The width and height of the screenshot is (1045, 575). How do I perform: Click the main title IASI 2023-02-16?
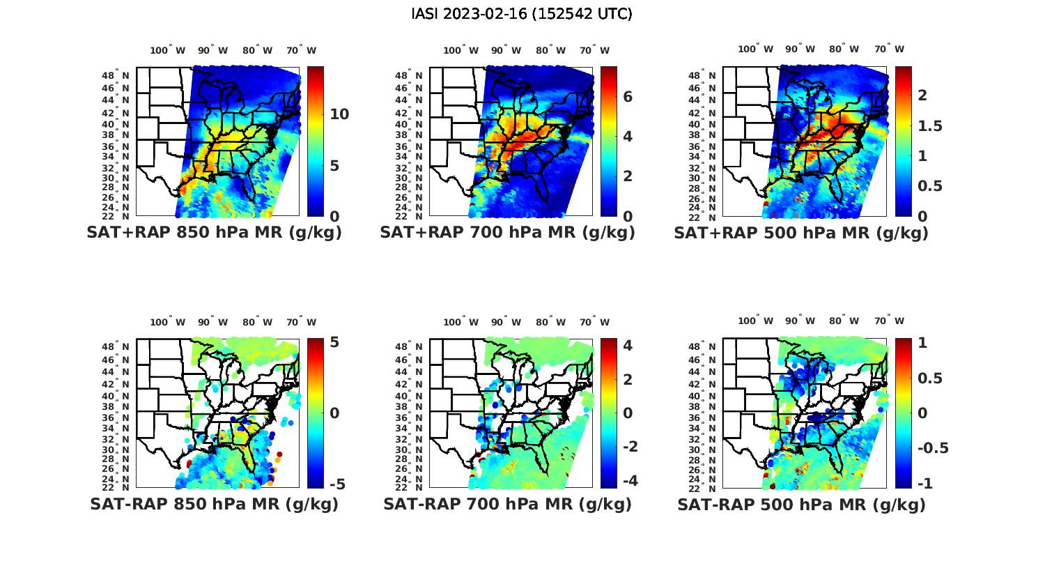[x=522, y=14]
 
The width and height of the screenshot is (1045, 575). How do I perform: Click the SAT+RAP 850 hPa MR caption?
[x=214, y=233]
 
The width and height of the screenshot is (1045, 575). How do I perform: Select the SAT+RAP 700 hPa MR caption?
[x=507, y=233]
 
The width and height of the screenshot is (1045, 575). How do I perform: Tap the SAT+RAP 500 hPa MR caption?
[x=801, y=233]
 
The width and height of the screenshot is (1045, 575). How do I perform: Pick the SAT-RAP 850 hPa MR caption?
[x=214, y=504]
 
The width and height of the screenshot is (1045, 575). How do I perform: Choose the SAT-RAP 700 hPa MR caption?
[x=507, y=504]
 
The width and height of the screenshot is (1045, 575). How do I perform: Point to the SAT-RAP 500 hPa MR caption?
[x=801, y=504]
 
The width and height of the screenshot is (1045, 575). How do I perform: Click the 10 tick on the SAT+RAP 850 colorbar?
[x=339, y=114]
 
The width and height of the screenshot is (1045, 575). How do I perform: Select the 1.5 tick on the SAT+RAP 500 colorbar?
[x=930, y=125]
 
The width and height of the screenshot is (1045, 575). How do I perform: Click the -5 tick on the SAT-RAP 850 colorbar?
[x=336, y=484]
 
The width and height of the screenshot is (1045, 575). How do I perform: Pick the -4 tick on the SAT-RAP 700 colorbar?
[x=629, y=480]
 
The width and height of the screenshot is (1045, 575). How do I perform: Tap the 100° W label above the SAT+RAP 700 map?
[x=460, y=50]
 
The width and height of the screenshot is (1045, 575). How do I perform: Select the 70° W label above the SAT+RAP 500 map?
[x=889, y=49]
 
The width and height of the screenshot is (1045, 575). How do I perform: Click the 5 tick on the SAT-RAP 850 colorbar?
[x=335, y=342]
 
